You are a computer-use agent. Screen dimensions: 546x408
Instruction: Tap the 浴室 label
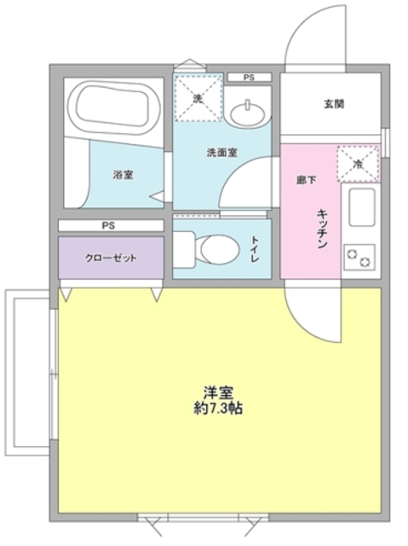123,174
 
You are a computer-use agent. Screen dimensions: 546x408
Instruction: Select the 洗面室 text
221,154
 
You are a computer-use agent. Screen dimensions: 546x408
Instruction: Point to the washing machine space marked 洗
198,99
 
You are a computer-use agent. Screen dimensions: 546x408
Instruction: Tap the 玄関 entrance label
332,106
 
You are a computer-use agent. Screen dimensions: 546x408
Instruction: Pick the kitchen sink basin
362,206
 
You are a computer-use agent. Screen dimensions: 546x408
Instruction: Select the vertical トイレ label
255,247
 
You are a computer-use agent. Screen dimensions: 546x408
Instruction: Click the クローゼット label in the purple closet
111,257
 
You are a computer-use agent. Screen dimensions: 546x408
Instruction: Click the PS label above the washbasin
249,78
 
